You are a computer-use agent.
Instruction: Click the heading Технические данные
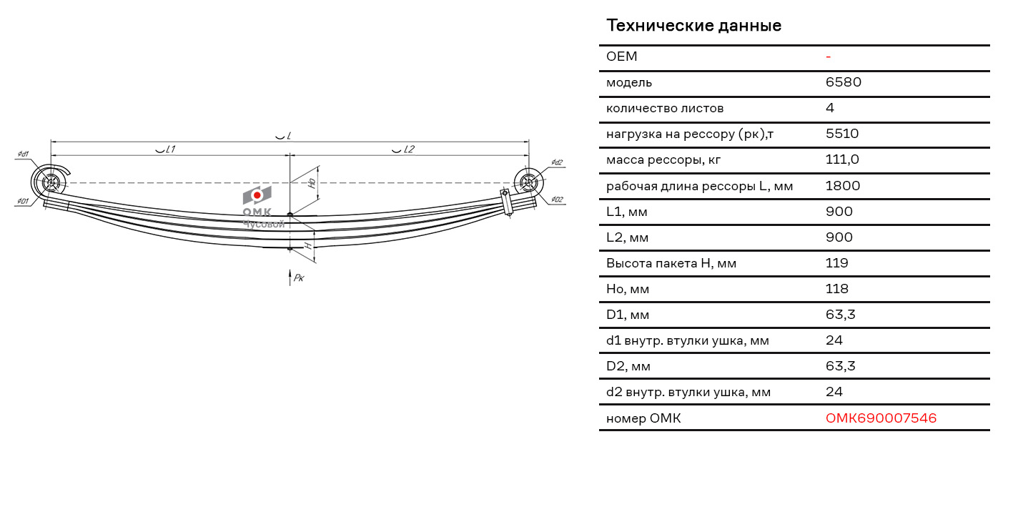[693, 26]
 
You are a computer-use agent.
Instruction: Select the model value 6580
[844, 82]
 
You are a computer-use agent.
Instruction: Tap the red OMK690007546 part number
[881, 418]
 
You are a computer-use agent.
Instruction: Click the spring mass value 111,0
[842, 159]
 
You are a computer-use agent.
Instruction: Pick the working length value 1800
[843, 185]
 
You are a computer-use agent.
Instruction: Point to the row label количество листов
[665, 109]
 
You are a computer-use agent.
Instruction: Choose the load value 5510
[842, 134]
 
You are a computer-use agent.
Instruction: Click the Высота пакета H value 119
[836, 262]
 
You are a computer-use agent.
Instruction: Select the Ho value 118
[836, 289]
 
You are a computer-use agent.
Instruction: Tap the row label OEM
[621, 56]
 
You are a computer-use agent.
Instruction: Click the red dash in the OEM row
[828, 57]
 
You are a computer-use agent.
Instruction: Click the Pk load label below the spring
[299, 277]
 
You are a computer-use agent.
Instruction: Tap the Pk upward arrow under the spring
[290, 277]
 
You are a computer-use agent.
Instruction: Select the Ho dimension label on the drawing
[312, 183]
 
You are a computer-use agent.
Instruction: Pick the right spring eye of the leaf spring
[528, 183]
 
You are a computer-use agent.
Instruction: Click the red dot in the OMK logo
[257, 195]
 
